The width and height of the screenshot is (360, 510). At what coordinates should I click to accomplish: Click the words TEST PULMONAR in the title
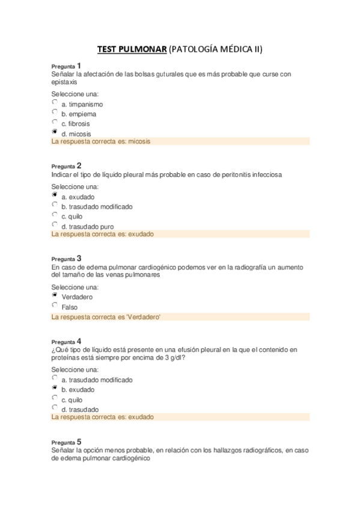point(132,49)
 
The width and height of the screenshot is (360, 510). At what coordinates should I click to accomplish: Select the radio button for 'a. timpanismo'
point(55,103)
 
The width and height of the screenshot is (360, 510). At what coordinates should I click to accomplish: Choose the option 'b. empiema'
point(55,112)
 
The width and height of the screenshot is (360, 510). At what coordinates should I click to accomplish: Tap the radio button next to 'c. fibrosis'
point(55,122)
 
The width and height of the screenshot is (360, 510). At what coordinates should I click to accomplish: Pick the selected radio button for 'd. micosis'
point(55,132)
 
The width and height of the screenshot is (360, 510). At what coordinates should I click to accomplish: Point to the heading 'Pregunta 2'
point(66,165)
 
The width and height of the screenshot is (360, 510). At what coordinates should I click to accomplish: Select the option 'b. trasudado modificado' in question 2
point(55,205)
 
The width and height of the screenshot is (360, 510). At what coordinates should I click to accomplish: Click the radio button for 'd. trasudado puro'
point(55,225)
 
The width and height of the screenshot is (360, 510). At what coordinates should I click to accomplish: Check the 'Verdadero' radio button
point(55,296)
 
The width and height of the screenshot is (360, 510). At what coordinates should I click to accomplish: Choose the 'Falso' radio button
point(55,306)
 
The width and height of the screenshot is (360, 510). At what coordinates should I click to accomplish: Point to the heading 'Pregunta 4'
point(66,340)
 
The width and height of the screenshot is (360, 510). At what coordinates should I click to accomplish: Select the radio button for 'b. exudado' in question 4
point(55,389)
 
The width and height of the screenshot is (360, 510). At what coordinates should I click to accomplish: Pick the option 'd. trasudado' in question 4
point(55,408)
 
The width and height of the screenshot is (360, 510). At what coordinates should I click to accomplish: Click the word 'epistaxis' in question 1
point(64,82)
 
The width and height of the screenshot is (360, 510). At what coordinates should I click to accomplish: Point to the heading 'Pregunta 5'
point(66,441)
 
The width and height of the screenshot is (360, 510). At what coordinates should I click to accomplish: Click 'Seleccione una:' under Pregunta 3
point(75,286)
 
